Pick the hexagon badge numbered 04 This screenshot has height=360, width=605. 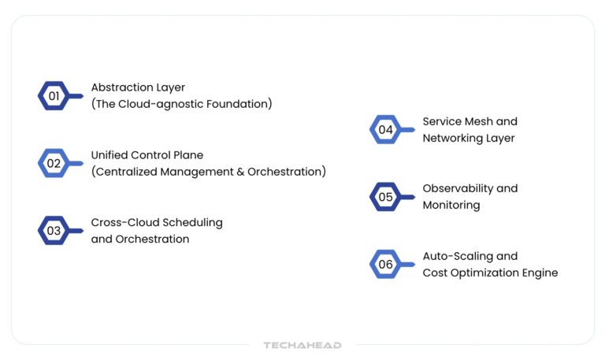click(x=386, y=130)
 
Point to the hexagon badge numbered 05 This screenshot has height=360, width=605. click(x=386, y=197)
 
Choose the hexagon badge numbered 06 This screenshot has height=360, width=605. click(x=386, y=265)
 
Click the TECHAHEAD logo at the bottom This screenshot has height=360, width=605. click(x=302, y=345)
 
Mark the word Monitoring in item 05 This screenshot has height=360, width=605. click(x=451, y=205)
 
